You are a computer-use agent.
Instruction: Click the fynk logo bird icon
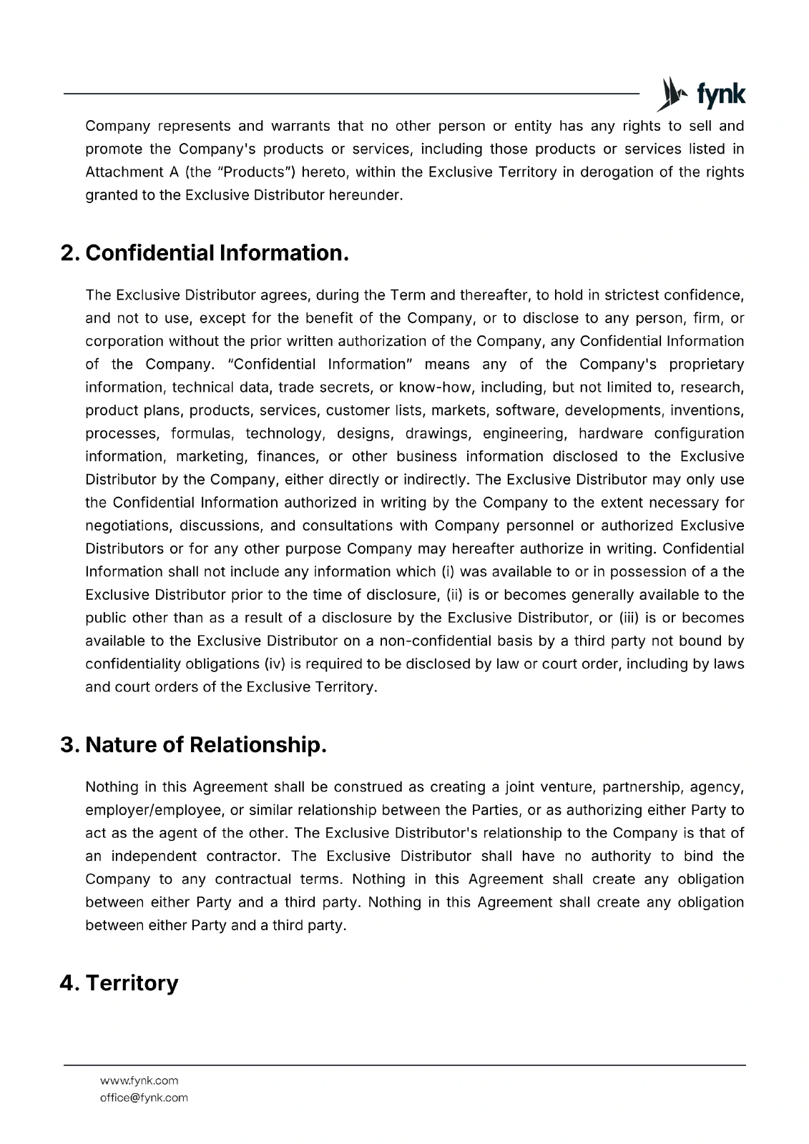670,94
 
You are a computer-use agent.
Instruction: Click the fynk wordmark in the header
720,94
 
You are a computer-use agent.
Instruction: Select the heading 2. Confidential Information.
205,253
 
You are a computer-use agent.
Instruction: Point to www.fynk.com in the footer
139,1080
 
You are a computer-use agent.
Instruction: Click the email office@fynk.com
144,1098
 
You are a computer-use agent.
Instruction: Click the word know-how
431,388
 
